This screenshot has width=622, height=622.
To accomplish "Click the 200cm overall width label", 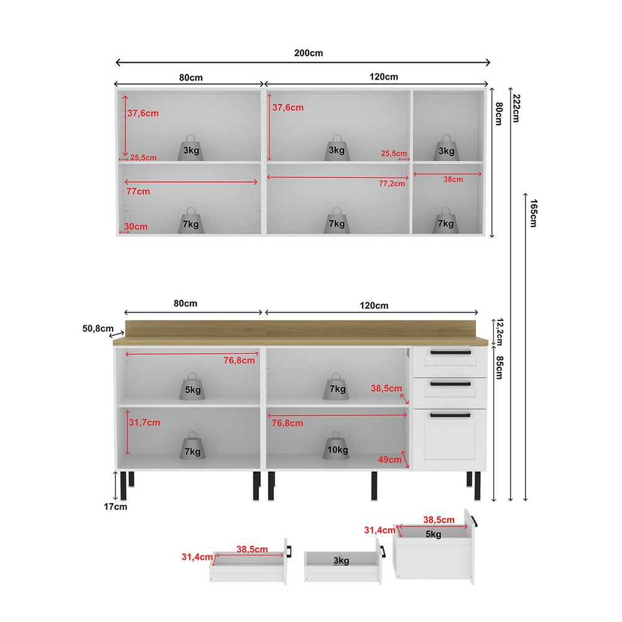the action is pyautogui.click(x=309, y=53).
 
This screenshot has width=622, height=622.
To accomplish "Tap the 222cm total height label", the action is pyautogui.click(x=516, y=108).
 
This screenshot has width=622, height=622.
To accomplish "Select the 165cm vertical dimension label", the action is pyautogui.click(x=534, y=213).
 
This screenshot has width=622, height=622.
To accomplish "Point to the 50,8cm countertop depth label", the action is pyautogui.click(x=98, y=328).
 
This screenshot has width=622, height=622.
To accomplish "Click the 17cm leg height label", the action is pyautogui.click(x=116, y=506).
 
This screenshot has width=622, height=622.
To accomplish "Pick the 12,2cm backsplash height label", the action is pyautogui.click(x=499, y=332).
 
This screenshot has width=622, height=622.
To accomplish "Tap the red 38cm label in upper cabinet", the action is pyautogui.click(x=453, y=180).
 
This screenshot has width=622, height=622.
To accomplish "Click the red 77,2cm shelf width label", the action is pyautogui.click(x=391, y=183).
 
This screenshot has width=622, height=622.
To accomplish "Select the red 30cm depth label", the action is pyautogui.click(x=136, y=226).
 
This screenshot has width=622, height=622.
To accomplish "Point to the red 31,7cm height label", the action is pyautogui.click(x=144, y=422).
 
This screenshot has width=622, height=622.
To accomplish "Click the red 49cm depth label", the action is pyautogui.click(x=389, y=460).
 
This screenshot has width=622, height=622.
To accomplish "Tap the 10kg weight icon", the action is pyautogui.click(x=336, y=445).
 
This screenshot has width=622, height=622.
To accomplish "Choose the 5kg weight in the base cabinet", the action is pyautogui.click(x=192, y=386).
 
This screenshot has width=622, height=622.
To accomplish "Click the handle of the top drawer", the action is pyautogui.click(x=450, y=352).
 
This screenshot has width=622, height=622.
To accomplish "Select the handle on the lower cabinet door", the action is pyautogui.click(x=450, y=415).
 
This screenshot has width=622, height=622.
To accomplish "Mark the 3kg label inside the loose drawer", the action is pyautogui.click(x=341, y=560).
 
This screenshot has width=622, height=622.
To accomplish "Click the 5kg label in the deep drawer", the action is pyautogui.click(x=433, y=534).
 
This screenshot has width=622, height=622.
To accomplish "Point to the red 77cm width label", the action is pyautogui.click(x=138, y=191).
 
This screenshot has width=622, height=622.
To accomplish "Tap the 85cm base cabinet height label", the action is pyautogui.click(x=499, y=368).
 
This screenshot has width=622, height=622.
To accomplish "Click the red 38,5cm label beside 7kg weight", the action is pyautogui.click(x=386, y=388).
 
